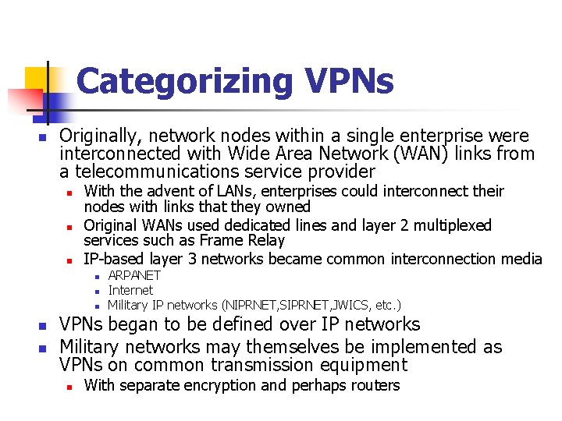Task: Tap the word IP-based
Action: (x=112, y=259)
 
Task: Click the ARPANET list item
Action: (x=134, y=275)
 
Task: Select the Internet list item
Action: (x=130, y=290)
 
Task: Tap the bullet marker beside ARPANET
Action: (x=93, y=276)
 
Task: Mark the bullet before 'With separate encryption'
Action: (x=69, y=386)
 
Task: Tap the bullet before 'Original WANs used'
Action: (x=69, y=227)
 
